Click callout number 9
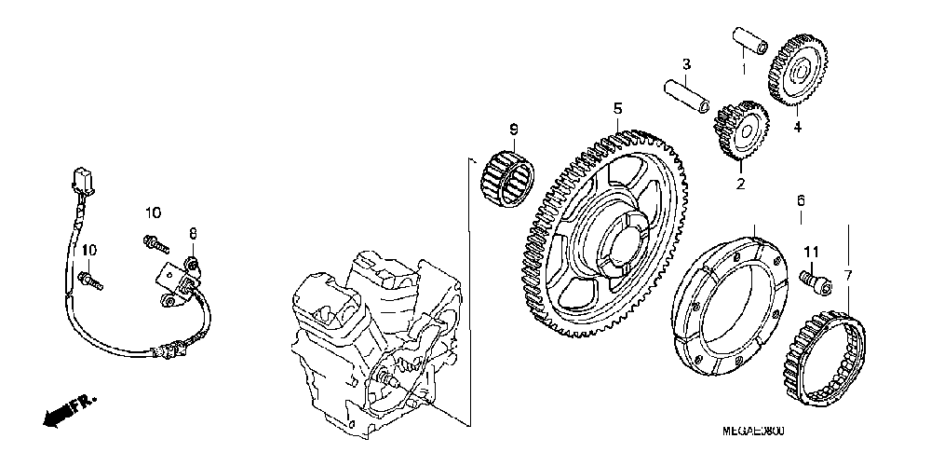[x=513, y=128]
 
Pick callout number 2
[x=741, y=185]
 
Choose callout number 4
[x=797, y=127]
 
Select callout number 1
[x=744, y=68]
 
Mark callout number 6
[x=800, y=200]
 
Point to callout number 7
[x=847, y=275]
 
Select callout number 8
[x=194, y=233]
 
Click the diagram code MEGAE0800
[x=753, y=432]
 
